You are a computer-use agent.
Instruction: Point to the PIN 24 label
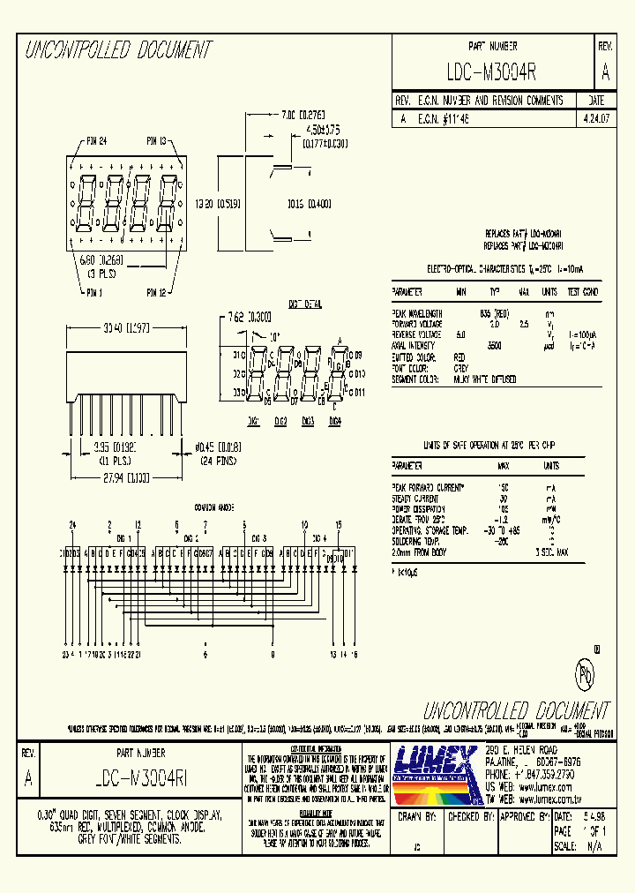pos(96,140)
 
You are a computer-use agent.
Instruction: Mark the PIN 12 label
pos(156,292)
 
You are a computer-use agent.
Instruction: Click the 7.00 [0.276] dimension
pos(303,115)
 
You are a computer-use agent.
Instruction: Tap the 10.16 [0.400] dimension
pos(309,203)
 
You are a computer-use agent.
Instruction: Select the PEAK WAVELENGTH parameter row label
pos(417,312)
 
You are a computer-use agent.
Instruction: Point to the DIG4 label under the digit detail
pos(334,422)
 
